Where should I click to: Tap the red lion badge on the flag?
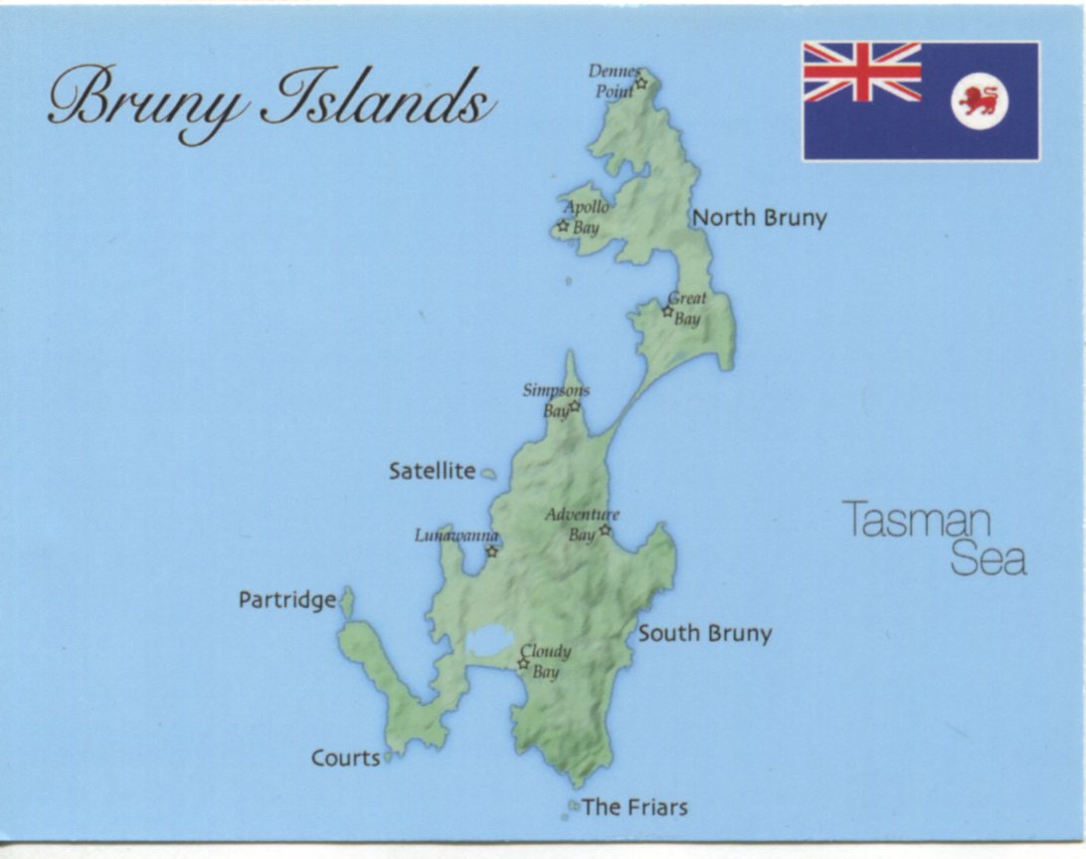point(980,101)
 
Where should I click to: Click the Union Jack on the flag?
point(862,72)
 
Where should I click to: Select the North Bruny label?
point(759,218)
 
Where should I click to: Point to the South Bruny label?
point(704,633)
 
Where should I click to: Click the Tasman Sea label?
point(935,538)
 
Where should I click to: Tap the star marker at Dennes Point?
point(641,83)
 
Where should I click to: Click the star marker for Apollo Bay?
point(563,226)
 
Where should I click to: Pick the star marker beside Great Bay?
point(668,312)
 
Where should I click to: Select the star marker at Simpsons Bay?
point(574,406)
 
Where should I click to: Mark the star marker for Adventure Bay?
point(605,530)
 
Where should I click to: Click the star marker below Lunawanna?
point(491,551)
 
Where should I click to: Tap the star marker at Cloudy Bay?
point(523,663)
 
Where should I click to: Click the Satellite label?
point(432,472)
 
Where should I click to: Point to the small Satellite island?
point(488,474)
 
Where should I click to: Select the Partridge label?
point(287,600)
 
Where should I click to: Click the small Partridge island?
point(347,601)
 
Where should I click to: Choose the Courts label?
point(345,757)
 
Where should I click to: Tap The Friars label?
point(634,807)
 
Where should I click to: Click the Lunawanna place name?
point(456,536)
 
